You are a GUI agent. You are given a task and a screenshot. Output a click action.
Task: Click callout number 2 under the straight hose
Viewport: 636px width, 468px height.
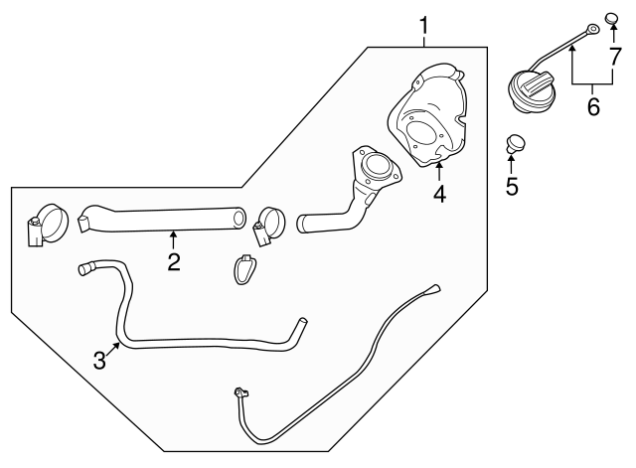(x=173, y=261)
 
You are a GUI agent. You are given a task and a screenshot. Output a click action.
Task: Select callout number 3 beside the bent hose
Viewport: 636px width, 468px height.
(x=99, y=360)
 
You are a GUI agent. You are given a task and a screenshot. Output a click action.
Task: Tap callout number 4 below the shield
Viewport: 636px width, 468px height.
(x=438, y=194)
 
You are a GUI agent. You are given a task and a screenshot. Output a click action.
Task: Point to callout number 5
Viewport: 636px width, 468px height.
(x=513, y=186)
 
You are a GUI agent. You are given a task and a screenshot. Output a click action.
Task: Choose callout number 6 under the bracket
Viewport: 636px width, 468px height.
(x=593, y=106)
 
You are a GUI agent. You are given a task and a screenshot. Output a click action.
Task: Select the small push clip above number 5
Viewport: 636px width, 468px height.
(x=515, y=143)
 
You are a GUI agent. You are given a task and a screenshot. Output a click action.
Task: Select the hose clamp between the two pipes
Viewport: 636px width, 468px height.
(x=266, y=225)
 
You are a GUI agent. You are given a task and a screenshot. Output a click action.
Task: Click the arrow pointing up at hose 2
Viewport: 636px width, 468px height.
(x=173, y=238)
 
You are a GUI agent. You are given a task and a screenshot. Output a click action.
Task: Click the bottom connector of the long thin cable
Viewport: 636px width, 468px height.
(x=238, y=393)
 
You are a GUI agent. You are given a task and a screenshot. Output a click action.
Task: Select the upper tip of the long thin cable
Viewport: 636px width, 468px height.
(x=434, y=289)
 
